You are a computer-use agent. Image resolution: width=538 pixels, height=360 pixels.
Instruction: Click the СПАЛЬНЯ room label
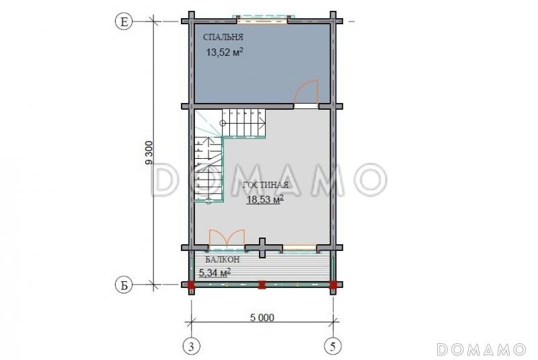[x=223, y=37]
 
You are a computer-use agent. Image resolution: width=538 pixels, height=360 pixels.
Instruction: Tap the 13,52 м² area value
[x=225, y=52]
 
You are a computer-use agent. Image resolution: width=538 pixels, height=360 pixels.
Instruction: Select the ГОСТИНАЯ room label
[x=266, y=185]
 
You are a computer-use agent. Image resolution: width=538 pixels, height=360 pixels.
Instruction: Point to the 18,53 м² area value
[x=265, y=199]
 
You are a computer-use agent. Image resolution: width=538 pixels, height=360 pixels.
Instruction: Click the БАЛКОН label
[x=223, y=260]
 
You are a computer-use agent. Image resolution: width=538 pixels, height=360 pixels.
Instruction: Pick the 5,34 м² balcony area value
[x=215, y=273]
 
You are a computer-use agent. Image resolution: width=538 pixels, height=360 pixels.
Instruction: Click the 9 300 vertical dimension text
[x=149, y=153]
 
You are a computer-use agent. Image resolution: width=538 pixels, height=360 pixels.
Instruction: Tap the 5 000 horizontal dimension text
[x=262, y=318]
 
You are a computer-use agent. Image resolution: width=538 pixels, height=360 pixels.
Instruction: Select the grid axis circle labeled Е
[x=123, y=22]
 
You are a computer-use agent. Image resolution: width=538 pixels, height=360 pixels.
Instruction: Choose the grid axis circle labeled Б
[x=123, y=285]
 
